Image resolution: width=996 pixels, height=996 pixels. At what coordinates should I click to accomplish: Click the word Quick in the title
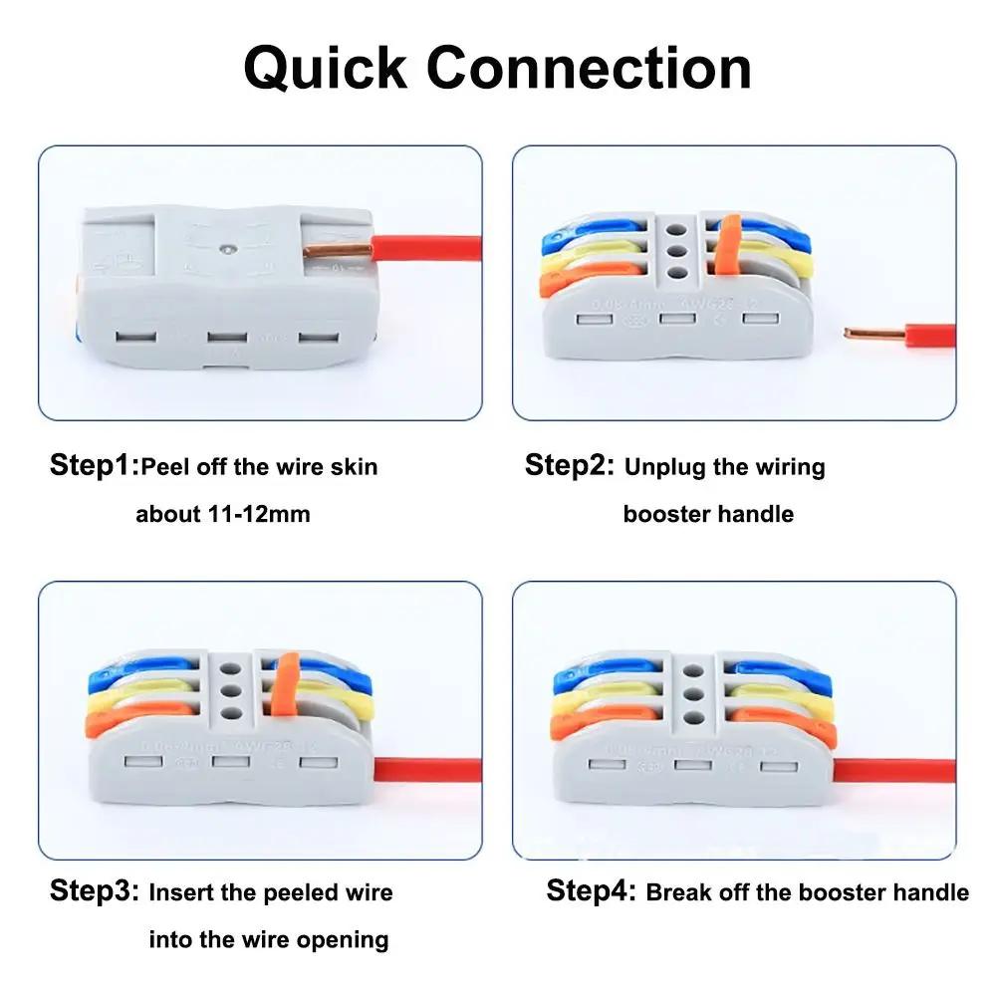[x=327, y=68]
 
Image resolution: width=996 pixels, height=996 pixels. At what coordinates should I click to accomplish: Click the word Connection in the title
[x=590, y=68]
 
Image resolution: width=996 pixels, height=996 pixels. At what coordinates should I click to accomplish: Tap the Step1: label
[x=95, y=465]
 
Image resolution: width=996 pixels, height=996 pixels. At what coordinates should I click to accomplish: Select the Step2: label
[x=570, y=465]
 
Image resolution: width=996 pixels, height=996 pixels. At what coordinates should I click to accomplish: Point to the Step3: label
[x=95, y=891]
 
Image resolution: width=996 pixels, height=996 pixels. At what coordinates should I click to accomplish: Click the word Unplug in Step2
[x=665, y=466]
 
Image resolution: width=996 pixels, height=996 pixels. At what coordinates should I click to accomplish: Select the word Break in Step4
[x=678, y=892]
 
